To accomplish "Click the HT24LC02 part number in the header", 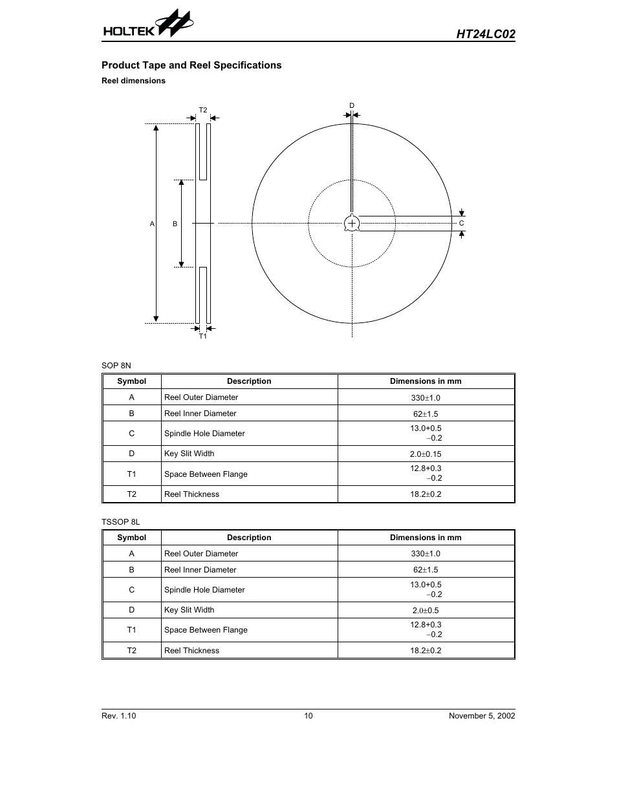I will (485, 34).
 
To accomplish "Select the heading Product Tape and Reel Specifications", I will (191, 65).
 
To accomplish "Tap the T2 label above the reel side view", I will (203, 110).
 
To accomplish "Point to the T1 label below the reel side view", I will (203, 336).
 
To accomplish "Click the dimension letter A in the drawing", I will (153, 224).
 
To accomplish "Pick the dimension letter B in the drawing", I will (175, 224).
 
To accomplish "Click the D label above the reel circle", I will (352, 105).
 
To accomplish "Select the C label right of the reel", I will (462, 223).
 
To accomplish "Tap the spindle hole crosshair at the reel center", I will (352, 224).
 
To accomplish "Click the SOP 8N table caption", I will (116, 366).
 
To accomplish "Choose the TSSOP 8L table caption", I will (121, 521).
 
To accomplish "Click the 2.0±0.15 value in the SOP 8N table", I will (426, 454).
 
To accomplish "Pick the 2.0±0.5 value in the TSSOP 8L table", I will (426, 611).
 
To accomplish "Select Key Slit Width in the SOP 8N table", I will (189, 454).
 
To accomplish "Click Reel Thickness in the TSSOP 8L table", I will (191, 651).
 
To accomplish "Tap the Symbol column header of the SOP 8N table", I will (131, 381).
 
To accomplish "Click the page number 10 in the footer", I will (308, 716).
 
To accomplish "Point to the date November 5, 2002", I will (482, 716).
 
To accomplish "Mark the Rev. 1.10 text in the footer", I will (119, 716).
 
